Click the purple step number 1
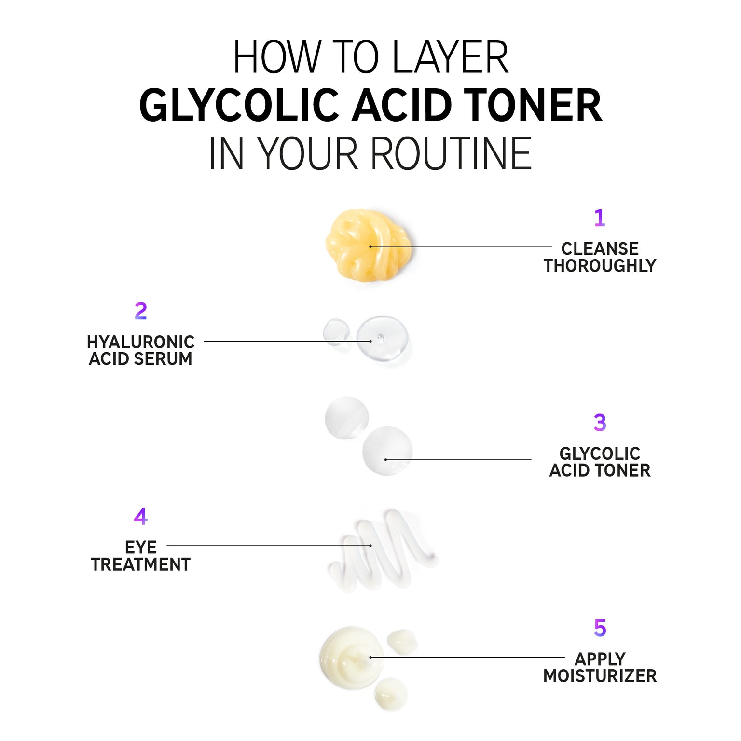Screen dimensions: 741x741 click(x=600, y=218)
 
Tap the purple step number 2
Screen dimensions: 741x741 click(x=141, y=311)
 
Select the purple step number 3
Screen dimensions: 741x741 click(x=600, y=423)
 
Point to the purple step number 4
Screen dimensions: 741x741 click(x=140, y=516)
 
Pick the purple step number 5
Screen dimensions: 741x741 click(x=600, y=628)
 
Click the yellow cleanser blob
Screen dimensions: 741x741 click(x=368, y=245)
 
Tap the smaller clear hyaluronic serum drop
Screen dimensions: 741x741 click(x=336, y=332)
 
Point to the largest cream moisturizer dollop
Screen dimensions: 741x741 click(x=352, y=658)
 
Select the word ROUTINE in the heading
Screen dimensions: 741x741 click(x=451, y=153)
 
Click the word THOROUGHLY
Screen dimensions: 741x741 click(x=600, y=266)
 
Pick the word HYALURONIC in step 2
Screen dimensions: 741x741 click(x=140, y=342)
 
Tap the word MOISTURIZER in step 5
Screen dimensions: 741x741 click(x=600, y=676)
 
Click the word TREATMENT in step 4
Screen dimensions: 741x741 click(x=141, y=564)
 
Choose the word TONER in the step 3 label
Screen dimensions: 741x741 click(x=623, y=470)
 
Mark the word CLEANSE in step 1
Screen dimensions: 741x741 click(x=600, y=249)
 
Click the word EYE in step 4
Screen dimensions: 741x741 click(x=141, y=548)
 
